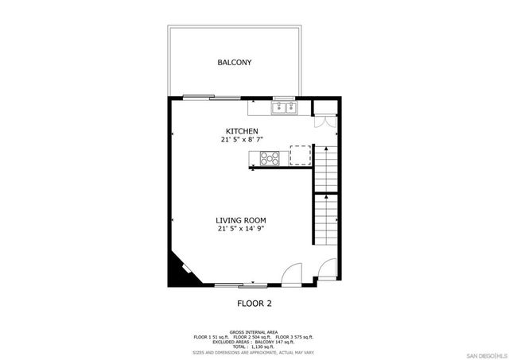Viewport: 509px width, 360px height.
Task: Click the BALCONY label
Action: (235, 62)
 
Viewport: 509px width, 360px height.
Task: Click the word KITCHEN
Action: (242, 131)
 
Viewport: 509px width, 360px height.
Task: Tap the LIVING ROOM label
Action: (241, 220)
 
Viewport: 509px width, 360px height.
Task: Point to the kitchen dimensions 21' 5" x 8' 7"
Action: (242, 140)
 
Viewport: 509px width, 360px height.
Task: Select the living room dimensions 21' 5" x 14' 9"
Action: (241, 229)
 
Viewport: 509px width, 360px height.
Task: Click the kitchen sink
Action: (283, 106)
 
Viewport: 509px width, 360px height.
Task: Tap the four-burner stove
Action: (270, 157)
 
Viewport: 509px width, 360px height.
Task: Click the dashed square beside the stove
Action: (300, 156)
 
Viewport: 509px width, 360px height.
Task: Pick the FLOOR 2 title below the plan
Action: (254, 303)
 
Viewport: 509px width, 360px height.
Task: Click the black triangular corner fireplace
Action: (177, 271)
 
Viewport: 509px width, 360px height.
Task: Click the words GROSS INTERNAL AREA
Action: (254, 331)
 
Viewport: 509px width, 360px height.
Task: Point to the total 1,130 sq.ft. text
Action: (254, 346)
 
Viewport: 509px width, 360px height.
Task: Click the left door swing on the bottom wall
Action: (293, 274)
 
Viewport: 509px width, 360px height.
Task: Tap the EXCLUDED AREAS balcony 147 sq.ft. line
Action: (254, 342)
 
